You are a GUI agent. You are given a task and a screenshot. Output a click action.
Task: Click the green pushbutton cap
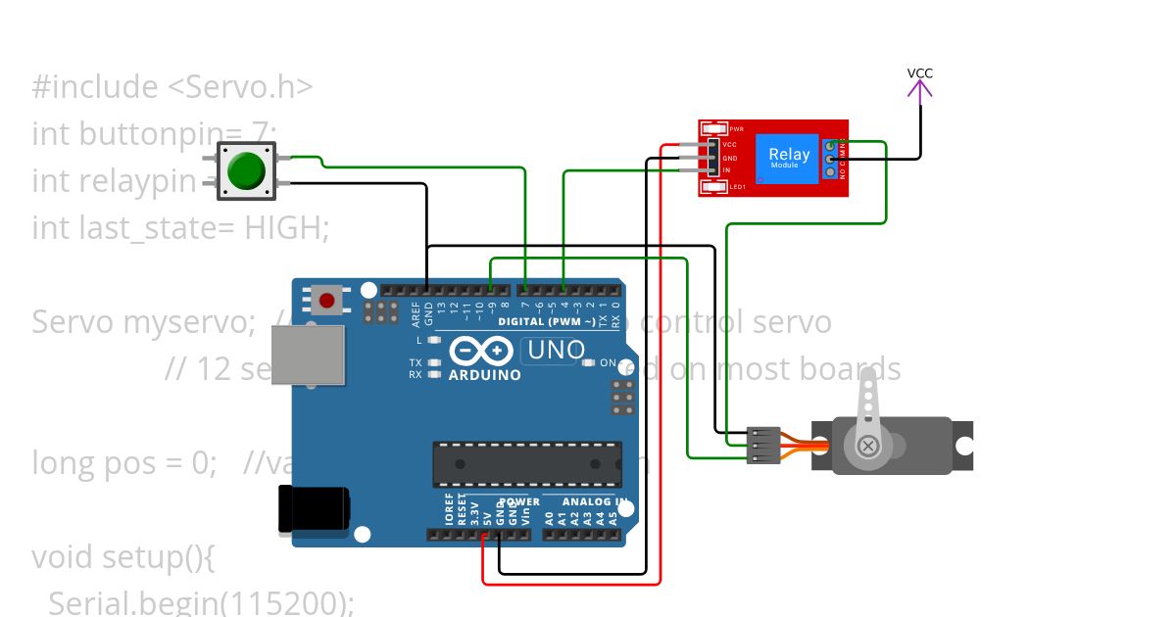tap(246, 169)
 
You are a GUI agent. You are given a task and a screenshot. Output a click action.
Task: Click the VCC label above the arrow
tap(919, 73)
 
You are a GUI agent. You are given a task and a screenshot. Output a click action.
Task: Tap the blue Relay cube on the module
tap(789, 157)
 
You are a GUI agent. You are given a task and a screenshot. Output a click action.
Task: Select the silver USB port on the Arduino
tap(307, 355)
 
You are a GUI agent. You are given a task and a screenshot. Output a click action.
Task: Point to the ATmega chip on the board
tap(527, 463)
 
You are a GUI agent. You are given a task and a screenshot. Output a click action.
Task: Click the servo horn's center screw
tap(867, 446)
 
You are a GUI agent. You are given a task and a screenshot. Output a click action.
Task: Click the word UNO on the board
tap(556, 350)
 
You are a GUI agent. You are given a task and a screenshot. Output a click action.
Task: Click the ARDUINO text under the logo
tap(484, 375)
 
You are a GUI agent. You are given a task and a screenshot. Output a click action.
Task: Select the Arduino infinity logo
tap(482, 351)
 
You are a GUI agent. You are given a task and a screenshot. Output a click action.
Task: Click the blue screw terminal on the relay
tap(832, 158)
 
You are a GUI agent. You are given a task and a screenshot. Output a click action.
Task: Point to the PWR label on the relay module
tap(737, 128)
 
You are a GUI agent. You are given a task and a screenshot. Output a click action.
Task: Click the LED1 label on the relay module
tap(737, 186)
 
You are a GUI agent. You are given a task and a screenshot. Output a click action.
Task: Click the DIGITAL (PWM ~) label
tap(546, 321)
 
